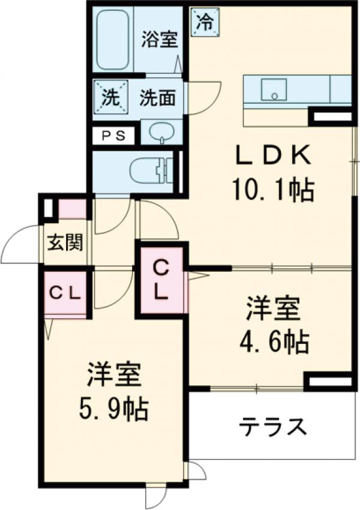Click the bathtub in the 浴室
click(113, 38)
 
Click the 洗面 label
click(157, 97)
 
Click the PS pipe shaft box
click(114, 136)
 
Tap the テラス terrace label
click(274, 427)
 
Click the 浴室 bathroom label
click(160, 40)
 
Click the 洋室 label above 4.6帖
click(271, 310)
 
